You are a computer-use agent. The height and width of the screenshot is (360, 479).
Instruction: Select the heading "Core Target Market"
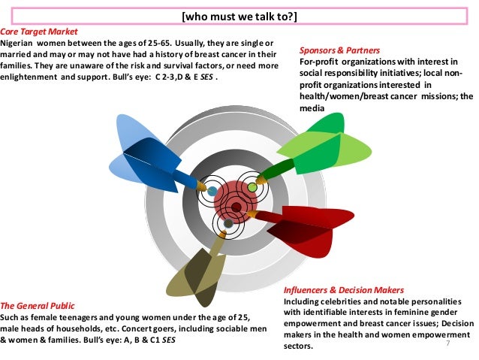37,34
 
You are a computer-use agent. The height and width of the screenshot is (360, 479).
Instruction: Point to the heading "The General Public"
37,306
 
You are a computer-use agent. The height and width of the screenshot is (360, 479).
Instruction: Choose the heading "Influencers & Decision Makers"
345,289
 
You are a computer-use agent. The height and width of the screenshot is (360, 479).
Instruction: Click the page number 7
447,343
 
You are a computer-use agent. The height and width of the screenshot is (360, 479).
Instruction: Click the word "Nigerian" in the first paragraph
18,44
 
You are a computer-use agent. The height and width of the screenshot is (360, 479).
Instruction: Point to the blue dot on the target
212,191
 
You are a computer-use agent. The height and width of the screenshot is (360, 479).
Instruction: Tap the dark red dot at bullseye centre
236,207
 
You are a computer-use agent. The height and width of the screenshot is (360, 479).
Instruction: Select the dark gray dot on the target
228,224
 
